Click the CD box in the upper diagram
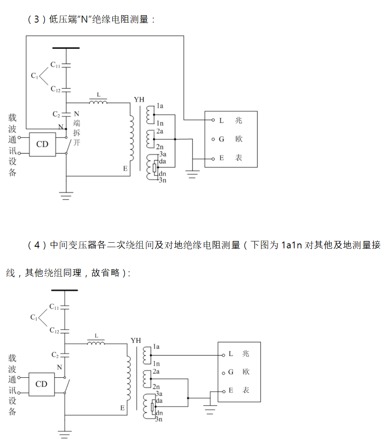coord(42,145)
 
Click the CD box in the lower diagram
coord(41,384)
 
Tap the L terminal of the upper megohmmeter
coord(213,120)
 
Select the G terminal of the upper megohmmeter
coord(213,139)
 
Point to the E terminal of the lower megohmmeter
coord(223,390)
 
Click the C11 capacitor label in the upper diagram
coord(55,65)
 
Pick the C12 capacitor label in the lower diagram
coord(54,330)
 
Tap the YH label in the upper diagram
coord(139,100)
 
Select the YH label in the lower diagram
coord(135,341)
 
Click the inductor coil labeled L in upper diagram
coord(98,102)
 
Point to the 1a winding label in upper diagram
coord(160,106)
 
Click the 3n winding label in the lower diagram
coord(160,419)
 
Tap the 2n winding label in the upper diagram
coord(160,147)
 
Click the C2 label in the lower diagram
coord(55,354)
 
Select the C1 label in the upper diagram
coord(34,76)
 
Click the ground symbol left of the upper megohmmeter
coord(193,173)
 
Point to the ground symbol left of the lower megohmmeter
coord(210,410)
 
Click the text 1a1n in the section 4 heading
coord(291,245)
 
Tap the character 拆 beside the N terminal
coord(76,132)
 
